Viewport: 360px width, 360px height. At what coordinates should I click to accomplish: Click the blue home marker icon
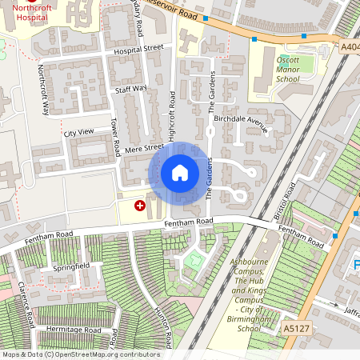coord(180,172)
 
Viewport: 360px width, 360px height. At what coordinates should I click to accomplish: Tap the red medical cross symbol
coord(141,206)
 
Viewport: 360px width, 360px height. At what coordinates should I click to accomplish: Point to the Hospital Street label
coord(138,49)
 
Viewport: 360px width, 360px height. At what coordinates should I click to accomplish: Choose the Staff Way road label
coord(131,89)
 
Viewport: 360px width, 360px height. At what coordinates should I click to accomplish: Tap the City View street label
coord(78,131)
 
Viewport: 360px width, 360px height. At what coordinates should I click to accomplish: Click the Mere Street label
coord(145,146)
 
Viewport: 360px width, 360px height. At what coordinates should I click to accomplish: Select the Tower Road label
coord(114,138)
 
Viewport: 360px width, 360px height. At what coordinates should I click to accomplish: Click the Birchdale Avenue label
coord(240,121)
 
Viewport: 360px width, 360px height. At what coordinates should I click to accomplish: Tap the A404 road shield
coord(350,47)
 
